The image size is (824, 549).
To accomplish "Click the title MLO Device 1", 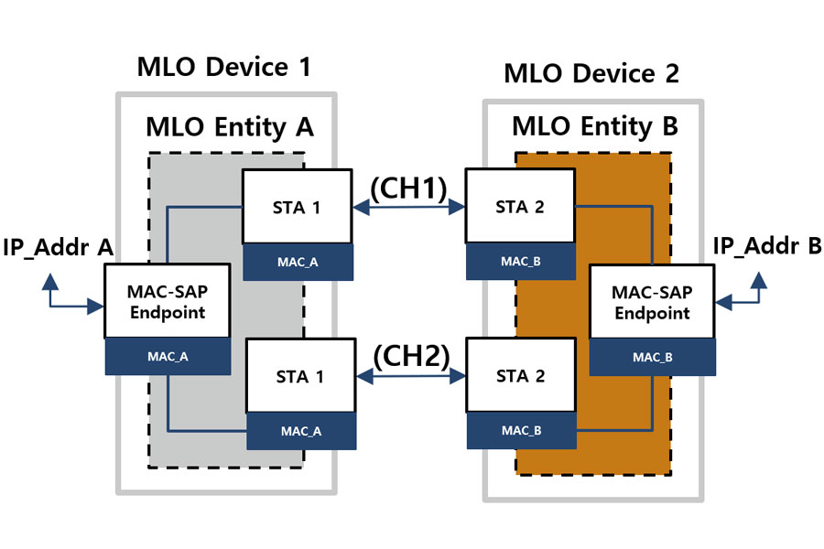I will point(223,67).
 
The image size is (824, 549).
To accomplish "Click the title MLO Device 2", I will point(591,74).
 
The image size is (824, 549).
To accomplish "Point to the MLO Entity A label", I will point(230,128).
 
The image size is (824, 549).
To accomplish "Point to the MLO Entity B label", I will point(594,126).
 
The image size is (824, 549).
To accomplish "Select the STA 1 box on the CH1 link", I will point(297,208).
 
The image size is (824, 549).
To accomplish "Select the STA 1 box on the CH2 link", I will point(301,376).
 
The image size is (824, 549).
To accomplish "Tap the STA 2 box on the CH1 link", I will point(519,207).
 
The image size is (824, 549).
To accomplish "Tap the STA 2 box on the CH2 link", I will point(519,376).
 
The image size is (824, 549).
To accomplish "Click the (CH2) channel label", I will point(409,355).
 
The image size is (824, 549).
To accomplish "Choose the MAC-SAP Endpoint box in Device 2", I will point(652,302).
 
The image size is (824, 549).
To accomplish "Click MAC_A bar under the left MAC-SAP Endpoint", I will point(167,357).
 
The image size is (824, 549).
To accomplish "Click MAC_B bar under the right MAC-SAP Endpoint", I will point(652,357).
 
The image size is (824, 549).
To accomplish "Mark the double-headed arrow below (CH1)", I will point(408,209).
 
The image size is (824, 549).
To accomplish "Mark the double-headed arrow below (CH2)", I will point(409,376).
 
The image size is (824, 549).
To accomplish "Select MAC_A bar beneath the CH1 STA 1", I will point(297,262).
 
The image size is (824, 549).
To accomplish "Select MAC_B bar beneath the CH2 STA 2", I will point(519,430).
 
